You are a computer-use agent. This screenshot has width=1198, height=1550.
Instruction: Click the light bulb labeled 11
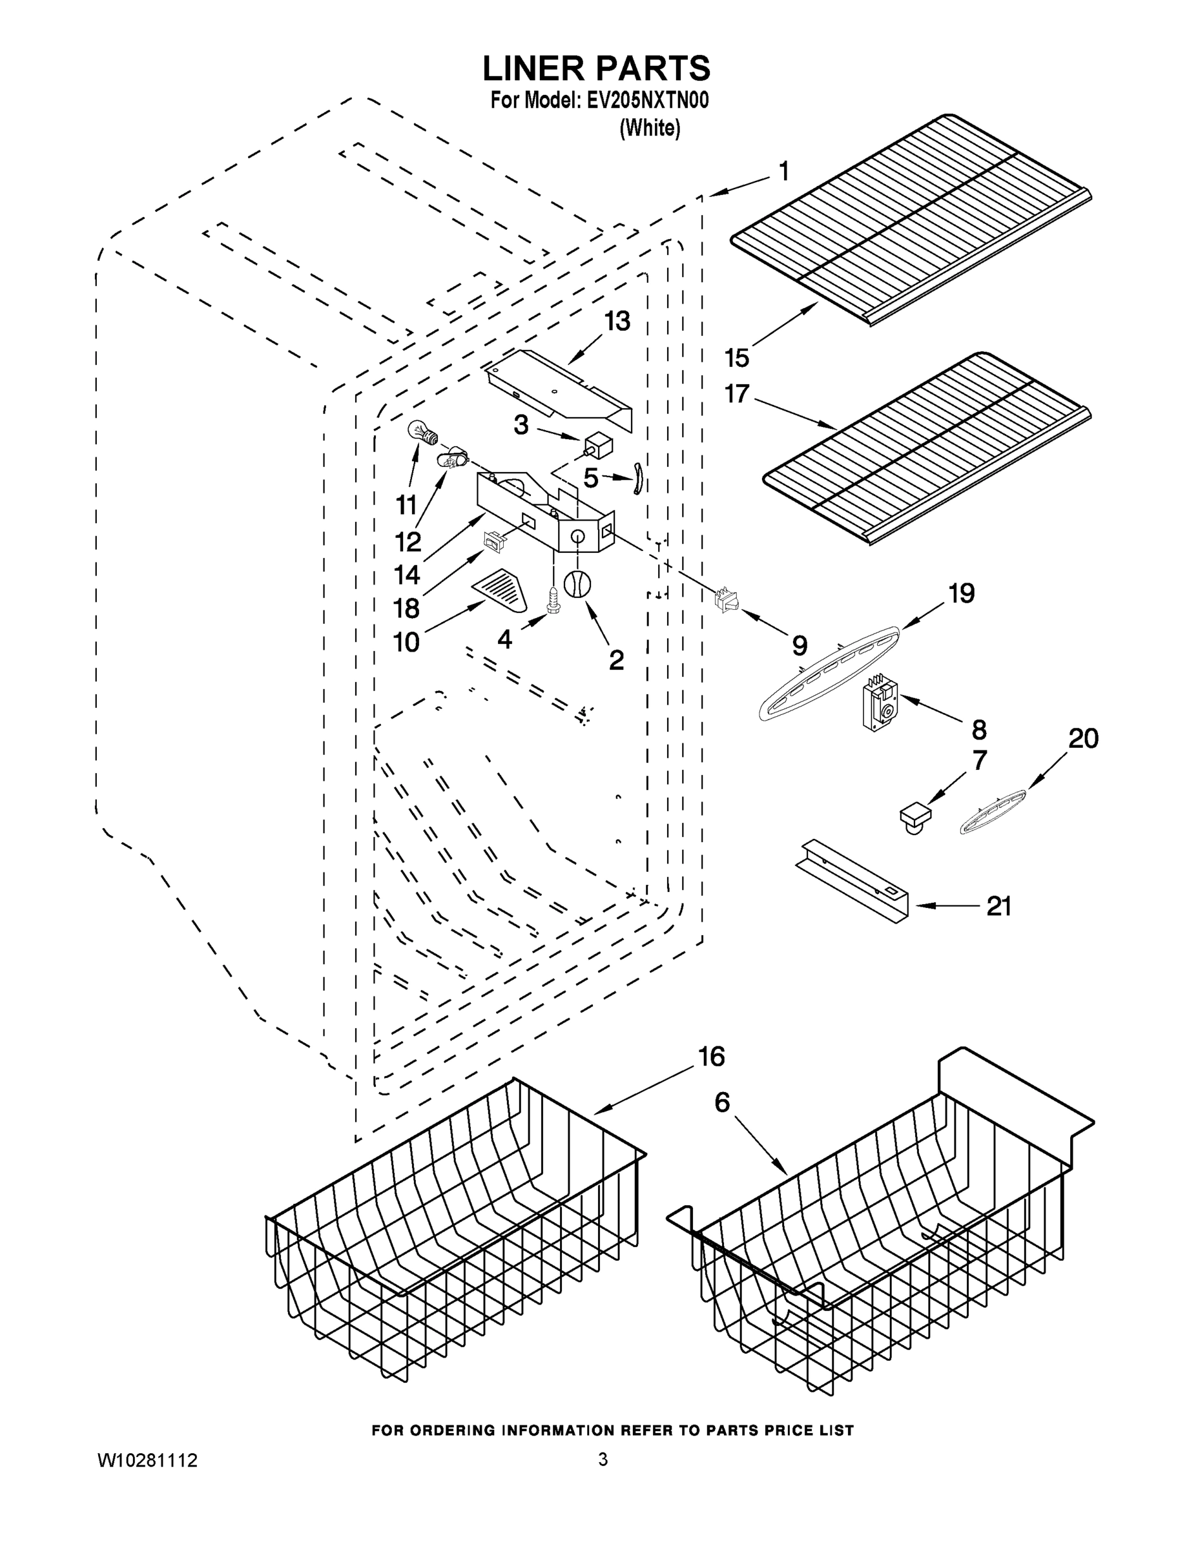click(x=421, y=433)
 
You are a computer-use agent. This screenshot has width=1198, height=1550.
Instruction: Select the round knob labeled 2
click(x=577, y=584)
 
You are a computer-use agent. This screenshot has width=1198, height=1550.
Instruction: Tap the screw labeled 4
click(x=553, y=603)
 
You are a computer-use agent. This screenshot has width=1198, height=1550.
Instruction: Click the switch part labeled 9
click(x=726, y=598)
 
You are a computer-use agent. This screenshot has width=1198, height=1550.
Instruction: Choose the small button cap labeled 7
click(x=916, y=816)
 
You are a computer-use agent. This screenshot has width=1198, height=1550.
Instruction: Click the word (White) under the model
click(x=650, y=129)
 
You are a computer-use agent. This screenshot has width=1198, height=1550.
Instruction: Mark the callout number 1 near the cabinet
click(x=783, y=171)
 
